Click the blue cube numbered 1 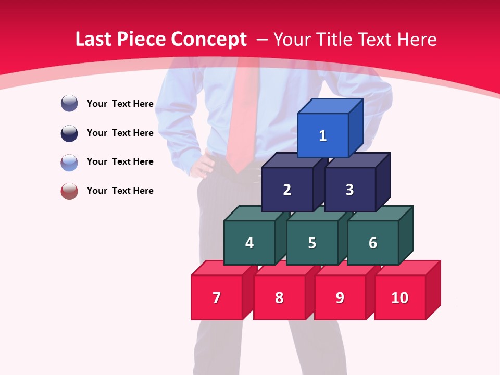point(323,135)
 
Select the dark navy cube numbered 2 point(287,190)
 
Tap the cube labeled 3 point(349,190)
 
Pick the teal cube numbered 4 point(249,243)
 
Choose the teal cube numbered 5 point(312,243)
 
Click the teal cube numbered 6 point(373,243)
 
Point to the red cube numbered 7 point(217,297)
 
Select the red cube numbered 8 point(279,297)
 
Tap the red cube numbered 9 point(340,297)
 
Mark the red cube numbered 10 point(400,297)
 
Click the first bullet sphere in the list point(69,103)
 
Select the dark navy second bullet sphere point(69,133)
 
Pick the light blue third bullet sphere point(69,162)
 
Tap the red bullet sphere point(69,191)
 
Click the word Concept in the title point(208,40)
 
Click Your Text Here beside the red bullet point(120,191)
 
